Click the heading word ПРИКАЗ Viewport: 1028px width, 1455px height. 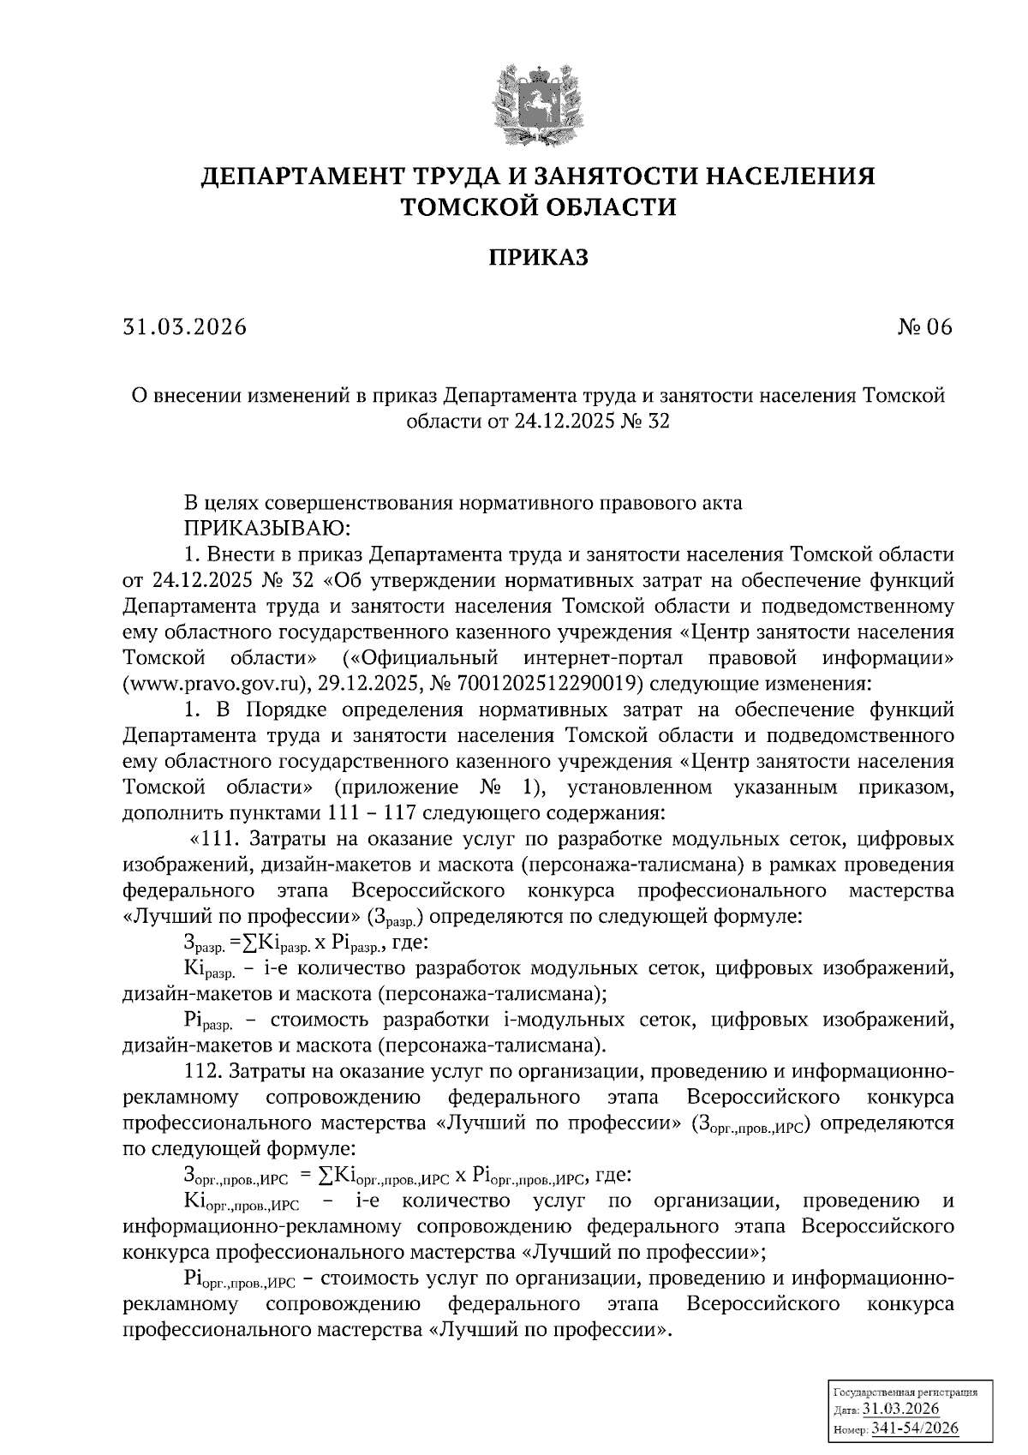tap(538, 257)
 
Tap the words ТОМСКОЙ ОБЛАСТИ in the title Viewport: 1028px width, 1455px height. tap(538, 207)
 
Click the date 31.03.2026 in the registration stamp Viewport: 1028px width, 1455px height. tap(900, 1410)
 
